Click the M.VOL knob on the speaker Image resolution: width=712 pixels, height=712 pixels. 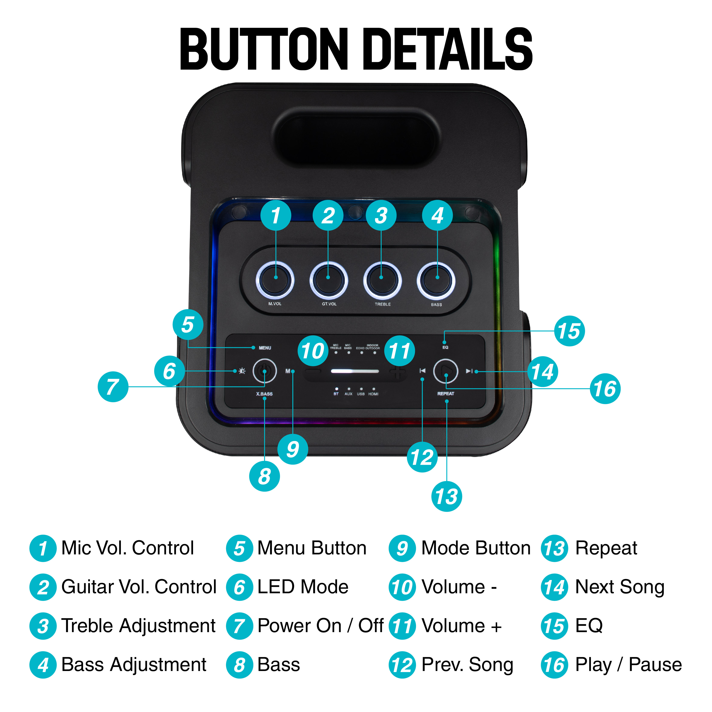275,280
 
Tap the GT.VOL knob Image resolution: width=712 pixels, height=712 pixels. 329,280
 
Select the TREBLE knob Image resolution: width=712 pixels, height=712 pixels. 382,280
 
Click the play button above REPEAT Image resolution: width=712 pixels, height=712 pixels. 445,371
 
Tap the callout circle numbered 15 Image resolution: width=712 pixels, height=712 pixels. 569,331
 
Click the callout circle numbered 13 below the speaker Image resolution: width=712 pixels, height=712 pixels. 446,496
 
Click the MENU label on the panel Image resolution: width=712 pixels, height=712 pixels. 265,348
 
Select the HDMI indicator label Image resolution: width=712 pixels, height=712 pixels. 373,394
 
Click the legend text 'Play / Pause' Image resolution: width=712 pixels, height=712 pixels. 628,665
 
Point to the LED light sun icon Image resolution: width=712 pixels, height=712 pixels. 242,371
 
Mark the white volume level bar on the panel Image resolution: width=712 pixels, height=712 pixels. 355,371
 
